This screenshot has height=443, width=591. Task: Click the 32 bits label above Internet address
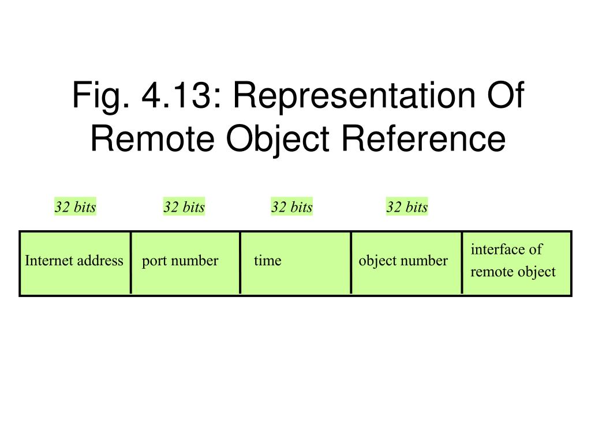pos(75,207)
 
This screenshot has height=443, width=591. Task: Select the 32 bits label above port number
pos(184,207)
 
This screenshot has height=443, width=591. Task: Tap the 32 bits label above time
pos(292,207)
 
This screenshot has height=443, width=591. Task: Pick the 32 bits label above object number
pos(407,207)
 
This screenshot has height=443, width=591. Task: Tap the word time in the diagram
pos(267,261)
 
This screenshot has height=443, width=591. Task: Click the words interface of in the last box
pos(506,249)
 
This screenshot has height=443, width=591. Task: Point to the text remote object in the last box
pos(513,272)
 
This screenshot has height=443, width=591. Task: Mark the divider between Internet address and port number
pos(131,262)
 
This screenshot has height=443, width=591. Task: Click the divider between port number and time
pos(240,262)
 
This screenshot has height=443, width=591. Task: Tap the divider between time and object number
pos(351,262)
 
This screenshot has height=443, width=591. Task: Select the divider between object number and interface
pos(462,262)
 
